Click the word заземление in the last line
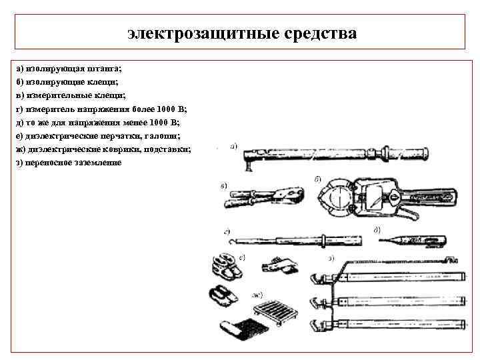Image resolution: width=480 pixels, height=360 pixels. coord(93,163)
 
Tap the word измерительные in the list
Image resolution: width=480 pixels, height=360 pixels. coord(55,95)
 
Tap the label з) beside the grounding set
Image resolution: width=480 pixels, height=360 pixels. coord(331,258)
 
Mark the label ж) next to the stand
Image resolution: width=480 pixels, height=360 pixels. coord(257,294)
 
